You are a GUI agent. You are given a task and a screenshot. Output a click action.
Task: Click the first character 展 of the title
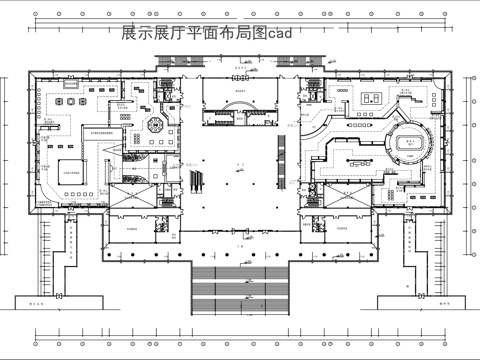pyautogui.click(x=127, y=33)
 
